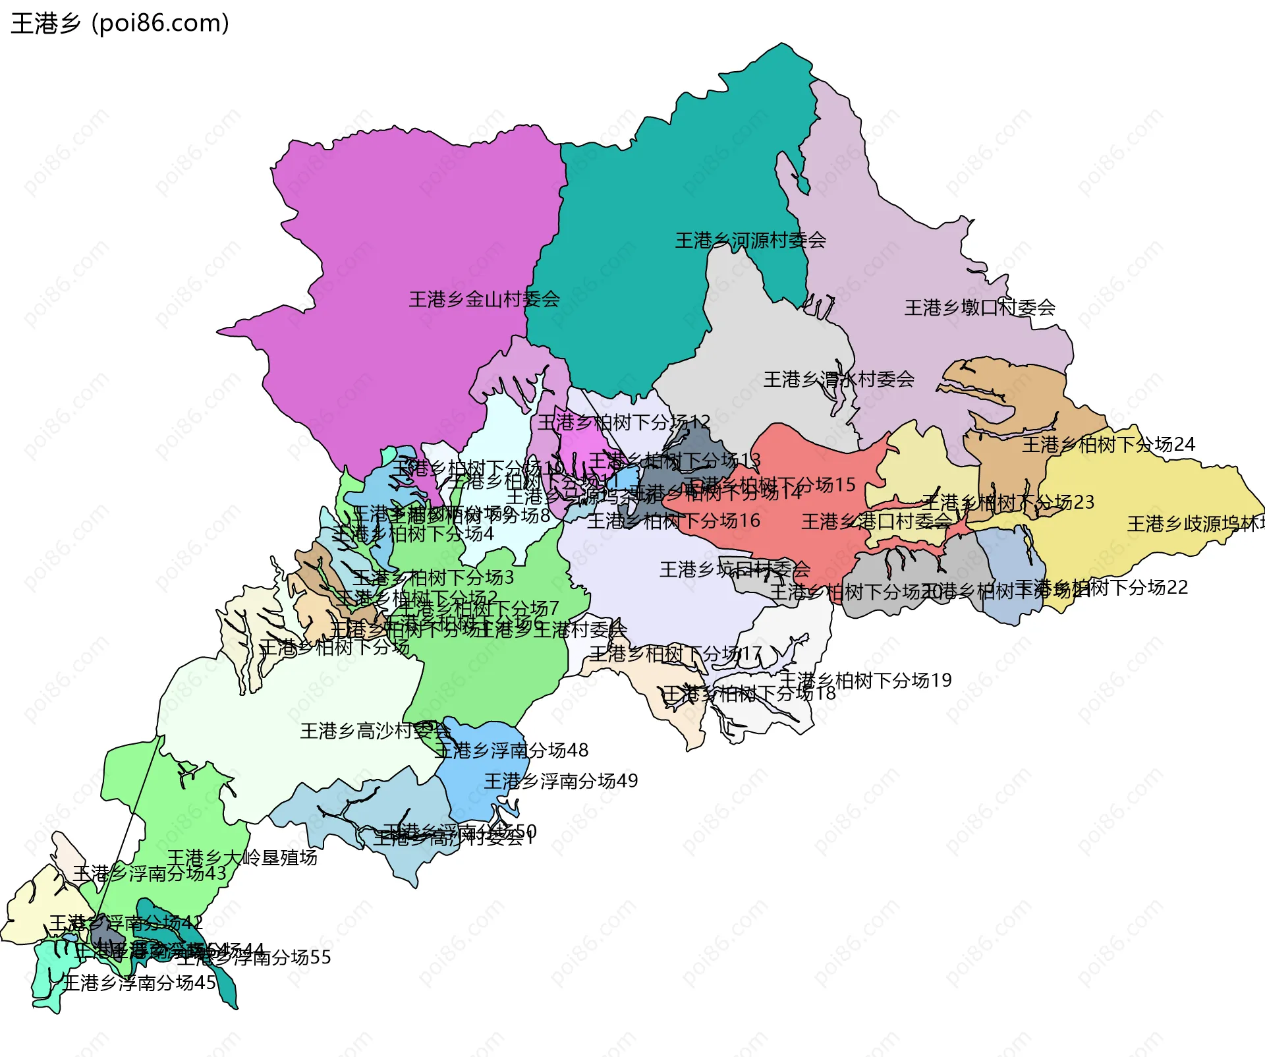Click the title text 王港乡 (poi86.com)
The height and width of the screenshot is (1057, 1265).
120,24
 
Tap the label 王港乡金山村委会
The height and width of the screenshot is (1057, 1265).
484,300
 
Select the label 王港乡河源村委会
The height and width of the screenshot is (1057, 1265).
750,241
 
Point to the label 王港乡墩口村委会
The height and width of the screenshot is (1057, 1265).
980,308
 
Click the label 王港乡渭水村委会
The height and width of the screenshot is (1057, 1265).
839,380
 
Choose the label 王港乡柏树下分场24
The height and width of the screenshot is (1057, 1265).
1108,445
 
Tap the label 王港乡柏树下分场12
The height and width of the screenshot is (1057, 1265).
623,422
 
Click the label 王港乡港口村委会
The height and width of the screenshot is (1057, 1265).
876,522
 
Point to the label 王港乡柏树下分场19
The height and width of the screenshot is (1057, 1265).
865,680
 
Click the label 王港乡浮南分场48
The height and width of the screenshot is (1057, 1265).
511,751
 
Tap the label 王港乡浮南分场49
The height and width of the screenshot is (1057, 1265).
561,782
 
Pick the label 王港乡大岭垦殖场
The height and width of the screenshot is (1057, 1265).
242,858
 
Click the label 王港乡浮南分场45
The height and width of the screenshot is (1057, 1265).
139,983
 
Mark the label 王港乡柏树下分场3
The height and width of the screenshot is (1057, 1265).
433,578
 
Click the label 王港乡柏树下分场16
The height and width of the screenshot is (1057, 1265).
673,521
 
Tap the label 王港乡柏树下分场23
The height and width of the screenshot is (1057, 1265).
1007,503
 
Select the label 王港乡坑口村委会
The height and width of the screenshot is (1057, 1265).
735,569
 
